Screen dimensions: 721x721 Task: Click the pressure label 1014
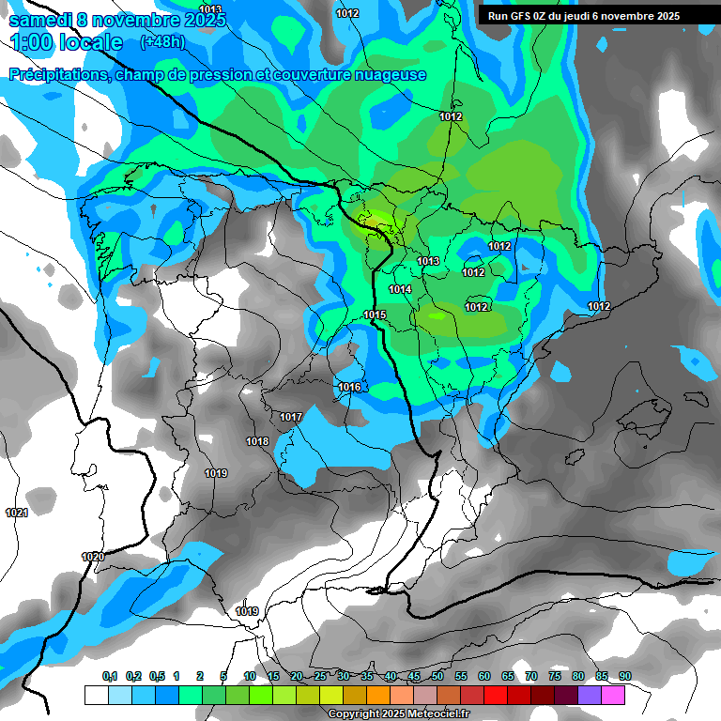pos(400,289)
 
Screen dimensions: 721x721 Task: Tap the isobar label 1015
pos(375,314)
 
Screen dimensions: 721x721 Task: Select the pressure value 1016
pos(349,387)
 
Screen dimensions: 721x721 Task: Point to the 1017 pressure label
pos(291,417)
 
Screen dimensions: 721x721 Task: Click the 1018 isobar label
pos(257,441)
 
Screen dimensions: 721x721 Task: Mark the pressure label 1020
pos(93,557)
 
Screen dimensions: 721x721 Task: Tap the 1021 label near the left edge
pos(16,513)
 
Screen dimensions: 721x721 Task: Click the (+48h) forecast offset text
pos(162,42)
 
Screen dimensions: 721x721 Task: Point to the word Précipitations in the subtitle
pos(58,75)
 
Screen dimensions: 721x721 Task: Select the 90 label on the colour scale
pos(625,676)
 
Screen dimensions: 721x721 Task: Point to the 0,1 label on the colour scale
pos(110,676)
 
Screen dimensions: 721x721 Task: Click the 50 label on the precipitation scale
pos(437,676)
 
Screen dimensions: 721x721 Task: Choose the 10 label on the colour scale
pos(250,676)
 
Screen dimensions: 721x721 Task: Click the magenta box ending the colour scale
pos(613,695)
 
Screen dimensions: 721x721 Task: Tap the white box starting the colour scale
pos(96,695)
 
